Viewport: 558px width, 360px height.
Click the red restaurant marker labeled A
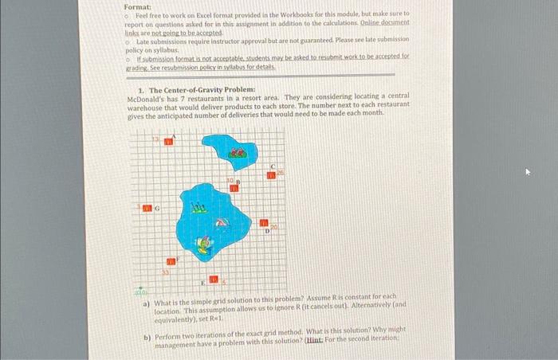[169, 142]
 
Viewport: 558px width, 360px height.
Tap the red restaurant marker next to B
[234, 188]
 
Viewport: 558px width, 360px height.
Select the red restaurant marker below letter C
[272, 175]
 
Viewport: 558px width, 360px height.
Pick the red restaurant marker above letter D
[264, 225]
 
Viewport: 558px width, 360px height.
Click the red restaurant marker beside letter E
[214, 280]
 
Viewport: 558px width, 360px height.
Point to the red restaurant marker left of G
[147, 208]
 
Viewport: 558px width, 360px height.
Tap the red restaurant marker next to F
[170, 261]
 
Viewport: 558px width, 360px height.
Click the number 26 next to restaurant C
[281, 172]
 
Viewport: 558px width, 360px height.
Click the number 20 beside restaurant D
[273, 228]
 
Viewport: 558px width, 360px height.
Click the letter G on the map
[157, 209]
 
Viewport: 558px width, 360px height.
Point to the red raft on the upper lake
[235, 151]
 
